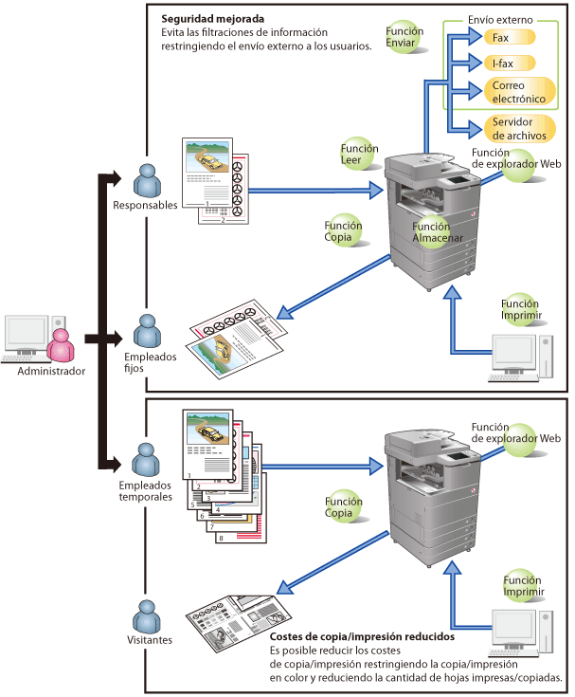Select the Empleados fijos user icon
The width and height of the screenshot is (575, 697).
pos(147,331)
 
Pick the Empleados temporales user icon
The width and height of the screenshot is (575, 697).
pos(147,460)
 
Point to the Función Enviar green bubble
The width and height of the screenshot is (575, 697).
pos(404,38)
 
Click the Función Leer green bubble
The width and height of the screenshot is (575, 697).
pos(359,155)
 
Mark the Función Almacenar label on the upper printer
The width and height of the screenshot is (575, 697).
pos(431,233)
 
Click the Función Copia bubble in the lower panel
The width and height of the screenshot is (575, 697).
pos(344,506)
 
